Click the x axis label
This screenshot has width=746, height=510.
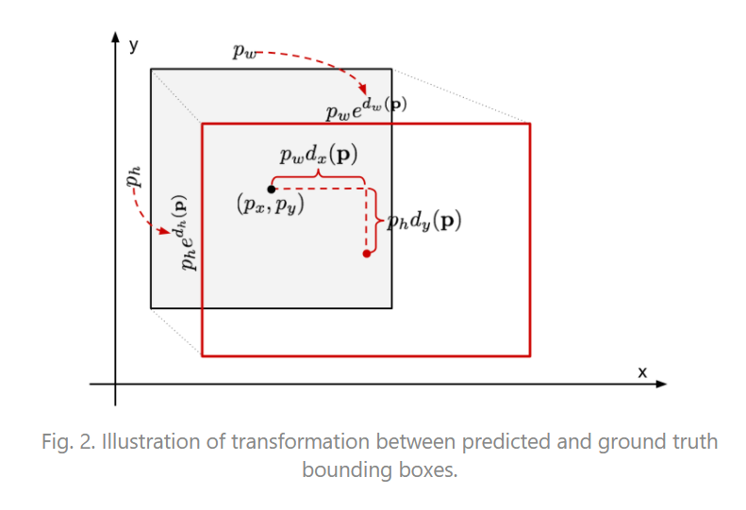point(642,372)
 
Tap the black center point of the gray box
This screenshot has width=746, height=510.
point(272,189)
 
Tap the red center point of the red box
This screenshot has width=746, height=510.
point(366,254)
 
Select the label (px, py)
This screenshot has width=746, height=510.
point(271,205)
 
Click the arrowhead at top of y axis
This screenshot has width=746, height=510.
point(115,39)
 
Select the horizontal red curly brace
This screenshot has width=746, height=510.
point(318,176)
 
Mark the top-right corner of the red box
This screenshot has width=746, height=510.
point(530,123)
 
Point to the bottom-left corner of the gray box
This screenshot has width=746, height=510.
point(151,307)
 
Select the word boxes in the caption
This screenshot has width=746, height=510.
point(423,469)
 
